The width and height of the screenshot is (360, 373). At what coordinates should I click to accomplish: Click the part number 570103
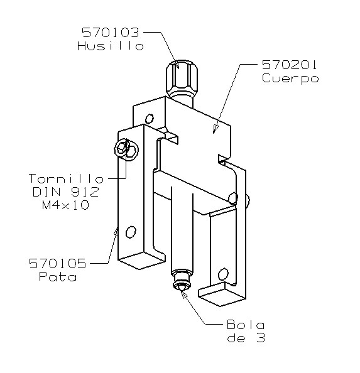[111, 32]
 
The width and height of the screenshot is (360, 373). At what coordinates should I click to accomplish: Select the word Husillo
[111, 46]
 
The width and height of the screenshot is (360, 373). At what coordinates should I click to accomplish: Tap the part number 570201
[290, 65]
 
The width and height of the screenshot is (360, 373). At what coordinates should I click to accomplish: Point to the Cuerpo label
[290, 78]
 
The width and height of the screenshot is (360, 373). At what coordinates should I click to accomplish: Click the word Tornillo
[66, 178]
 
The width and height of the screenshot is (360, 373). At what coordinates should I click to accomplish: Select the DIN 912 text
[66, 192]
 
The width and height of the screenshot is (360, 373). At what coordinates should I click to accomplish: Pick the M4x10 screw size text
[66, 205]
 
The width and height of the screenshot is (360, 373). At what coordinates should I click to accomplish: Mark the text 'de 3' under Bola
[246, 338]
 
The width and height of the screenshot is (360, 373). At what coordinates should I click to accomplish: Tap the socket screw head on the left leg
[122, 148]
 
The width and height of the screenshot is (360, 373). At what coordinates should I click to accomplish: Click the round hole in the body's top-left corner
[149, 118]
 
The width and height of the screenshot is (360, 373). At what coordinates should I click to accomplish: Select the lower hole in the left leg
[130, 232]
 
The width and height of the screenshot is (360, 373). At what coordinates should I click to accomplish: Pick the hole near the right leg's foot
[222, 274]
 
